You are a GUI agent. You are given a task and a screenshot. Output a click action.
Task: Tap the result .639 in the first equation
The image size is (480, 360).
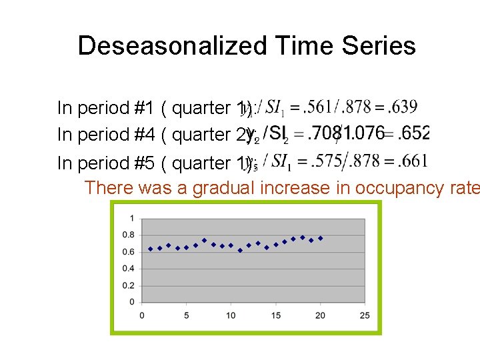pyautogui.click(x=403, y=107)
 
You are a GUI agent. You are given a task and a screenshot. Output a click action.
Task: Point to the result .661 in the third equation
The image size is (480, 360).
pyautogui.click(x=409, y=161)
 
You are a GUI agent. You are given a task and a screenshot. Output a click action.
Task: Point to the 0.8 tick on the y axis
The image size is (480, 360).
pyautogui.click(x=129, y=235)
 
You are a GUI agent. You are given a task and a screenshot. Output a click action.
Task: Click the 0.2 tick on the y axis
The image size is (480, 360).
pyautogui.click(x=129, y=285)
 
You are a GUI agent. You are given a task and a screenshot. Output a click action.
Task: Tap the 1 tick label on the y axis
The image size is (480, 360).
pyautogui.click(x=132, y=218)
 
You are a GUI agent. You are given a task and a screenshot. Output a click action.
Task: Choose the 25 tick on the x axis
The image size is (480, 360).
pyautogui.click(x=365, y=315)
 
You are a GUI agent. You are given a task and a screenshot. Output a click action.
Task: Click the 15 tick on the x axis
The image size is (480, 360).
pyautogui.click(x=275, y=315)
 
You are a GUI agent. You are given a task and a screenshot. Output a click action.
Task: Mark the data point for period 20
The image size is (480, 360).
pyautogui.click(x=320, y=238)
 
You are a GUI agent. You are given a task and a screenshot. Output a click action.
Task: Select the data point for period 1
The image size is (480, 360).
pyautogui.click(x=151, y=249)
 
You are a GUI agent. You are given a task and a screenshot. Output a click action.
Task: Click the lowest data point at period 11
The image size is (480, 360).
pyautogui.click(x=240, y=251)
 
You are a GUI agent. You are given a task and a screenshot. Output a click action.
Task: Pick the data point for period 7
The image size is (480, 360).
pyautogui.click(x=204, y=240)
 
